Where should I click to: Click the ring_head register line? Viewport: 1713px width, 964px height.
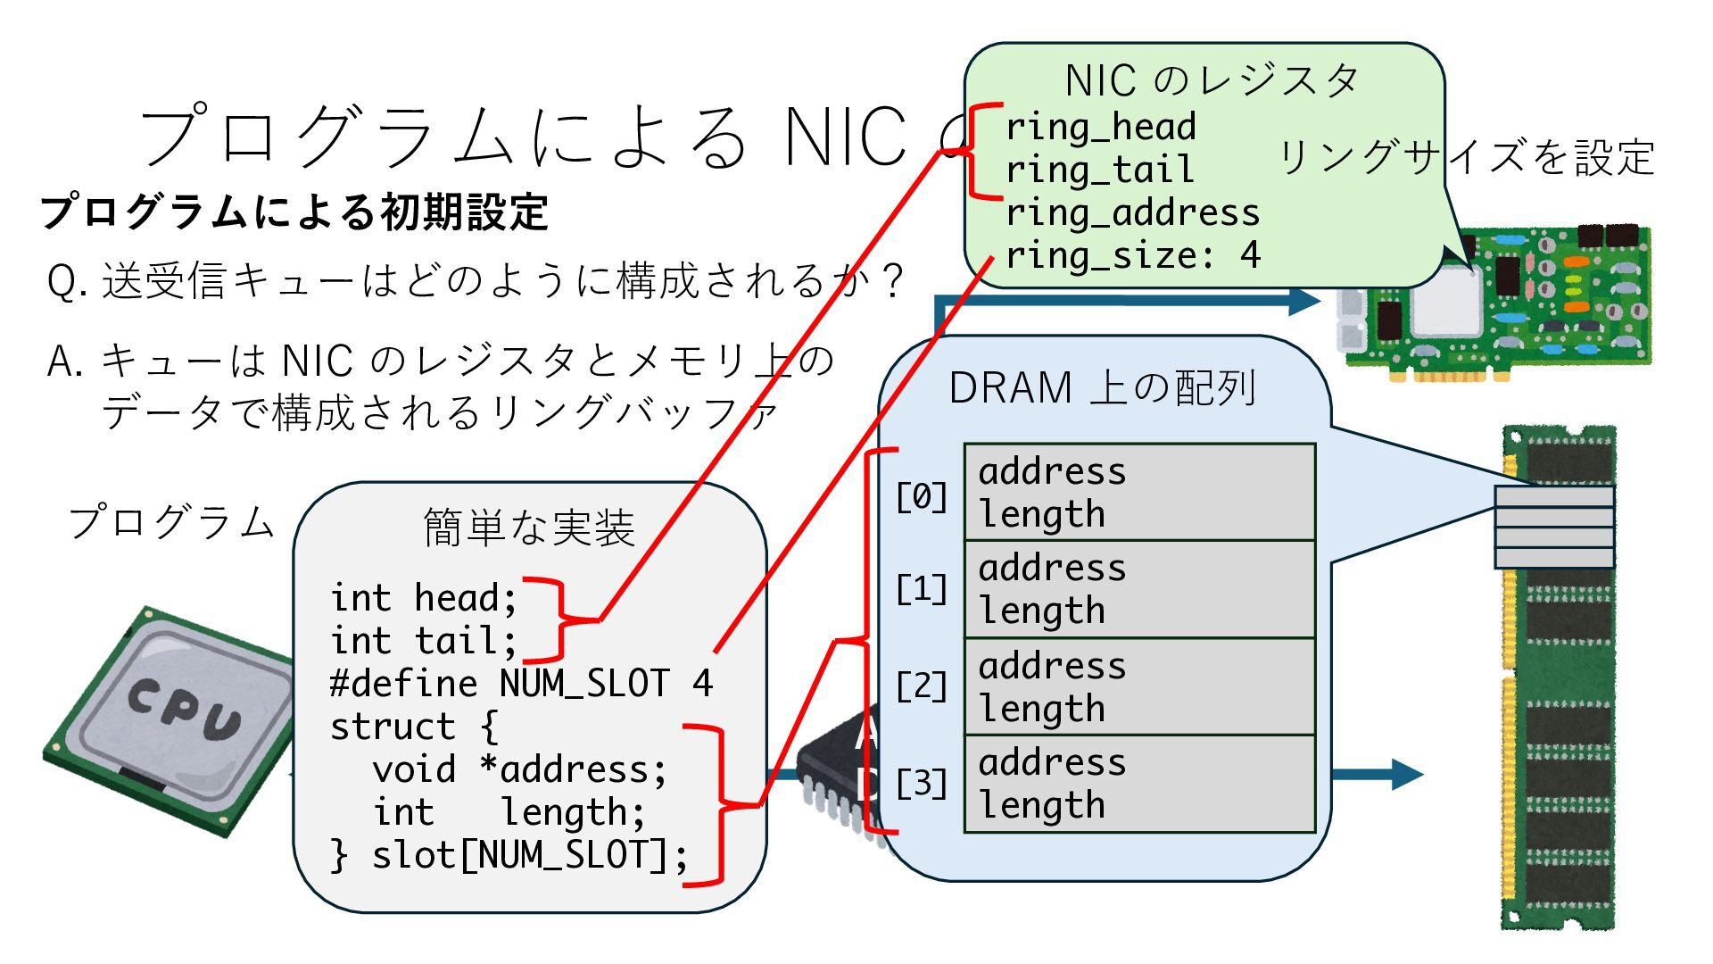point(1100,127)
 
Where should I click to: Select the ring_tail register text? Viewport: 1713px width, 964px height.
point(1099,170)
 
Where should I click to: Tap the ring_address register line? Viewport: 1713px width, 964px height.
point(1132,212)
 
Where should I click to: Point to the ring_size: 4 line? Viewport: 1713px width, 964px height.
point(1132,256)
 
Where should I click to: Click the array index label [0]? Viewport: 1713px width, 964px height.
point(921,496)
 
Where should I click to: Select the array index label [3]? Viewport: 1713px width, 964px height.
point(921,784)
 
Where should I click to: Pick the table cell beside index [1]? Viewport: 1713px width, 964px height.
point(1139,589)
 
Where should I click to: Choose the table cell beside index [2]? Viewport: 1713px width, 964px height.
point(1139,686)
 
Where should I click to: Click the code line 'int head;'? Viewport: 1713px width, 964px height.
point(423,598)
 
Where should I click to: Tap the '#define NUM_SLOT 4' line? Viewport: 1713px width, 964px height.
point(521,684)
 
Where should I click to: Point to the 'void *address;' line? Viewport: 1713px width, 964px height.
point(519,769)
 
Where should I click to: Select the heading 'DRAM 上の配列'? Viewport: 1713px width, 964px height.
point(1103,388)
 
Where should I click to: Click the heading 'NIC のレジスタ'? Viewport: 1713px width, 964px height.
point(1212,80)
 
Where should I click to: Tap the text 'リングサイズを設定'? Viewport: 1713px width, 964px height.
point(1466,157)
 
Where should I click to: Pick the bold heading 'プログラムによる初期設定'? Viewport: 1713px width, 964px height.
point(294,212)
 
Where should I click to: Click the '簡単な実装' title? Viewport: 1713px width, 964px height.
point(529,527)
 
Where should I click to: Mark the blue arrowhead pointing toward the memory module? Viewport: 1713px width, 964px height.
point(1404,774)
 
